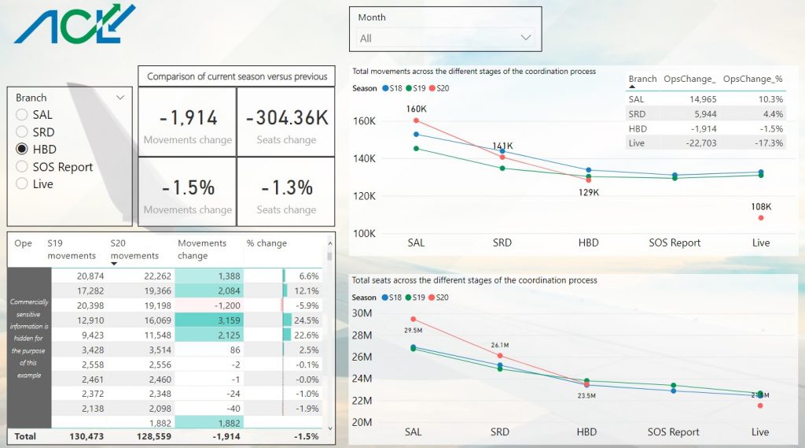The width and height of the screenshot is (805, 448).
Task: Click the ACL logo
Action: [x=75, y=24]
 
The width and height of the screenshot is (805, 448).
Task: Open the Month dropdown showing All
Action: [x=446, y=38]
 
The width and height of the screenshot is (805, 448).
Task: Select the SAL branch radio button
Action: [x=22, y=115]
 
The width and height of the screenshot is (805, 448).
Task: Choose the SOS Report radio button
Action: [x=22, y=167]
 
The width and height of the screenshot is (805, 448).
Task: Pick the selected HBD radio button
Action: [x=22, y=150]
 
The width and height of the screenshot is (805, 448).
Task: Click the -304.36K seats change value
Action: [x=286, y=118]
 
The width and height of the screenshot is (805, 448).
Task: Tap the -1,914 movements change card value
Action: [x=188, y=118]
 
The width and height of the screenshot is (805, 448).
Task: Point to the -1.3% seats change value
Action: [x=286, y=187]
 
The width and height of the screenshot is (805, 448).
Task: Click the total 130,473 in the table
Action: [x=77, y=435]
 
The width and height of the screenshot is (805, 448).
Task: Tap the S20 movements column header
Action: [x=134, y=250]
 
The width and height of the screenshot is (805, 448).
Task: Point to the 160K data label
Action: [x=416, y=109]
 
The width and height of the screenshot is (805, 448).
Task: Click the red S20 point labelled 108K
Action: [x=761, y=217]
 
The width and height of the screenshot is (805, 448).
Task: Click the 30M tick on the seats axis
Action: [x=362, y=313]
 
